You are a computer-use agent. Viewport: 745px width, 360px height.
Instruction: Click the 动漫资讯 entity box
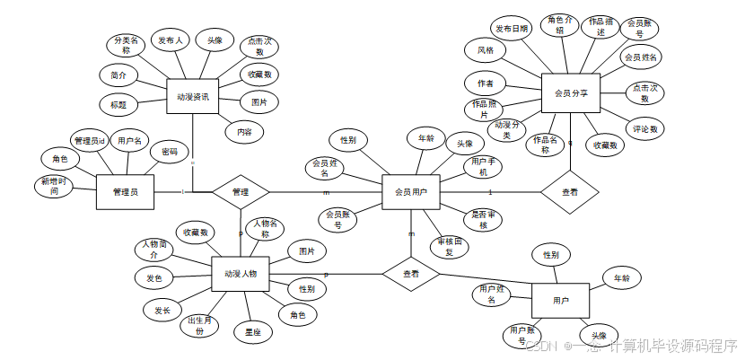click(193, 96)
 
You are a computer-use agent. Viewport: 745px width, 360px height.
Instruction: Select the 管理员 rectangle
click(125, 191)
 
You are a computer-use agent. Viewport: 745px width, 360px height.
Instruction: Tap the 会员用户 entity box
click(410, 191)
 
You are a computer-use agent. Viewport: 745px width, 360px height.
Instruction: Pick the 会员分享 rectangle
click(571, 92)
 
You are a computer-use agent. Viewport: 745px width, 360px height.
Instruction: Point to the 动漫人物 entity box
click(240, 273)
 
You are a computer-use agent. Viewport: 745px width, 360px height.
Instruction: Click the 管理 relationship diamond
click(241, 192)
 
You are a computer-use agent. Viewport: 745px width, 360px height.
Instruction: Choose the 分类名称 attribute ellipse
click(126, 45)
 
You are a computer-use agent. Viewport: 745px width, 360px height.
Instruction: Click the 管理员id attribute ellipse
click(90, 141)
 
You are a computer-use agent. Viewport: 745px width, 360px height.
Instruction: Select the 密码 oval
click(170, 152)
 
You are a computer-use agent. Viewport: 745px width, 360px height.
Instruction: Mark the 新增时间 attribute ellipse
click(55, 186)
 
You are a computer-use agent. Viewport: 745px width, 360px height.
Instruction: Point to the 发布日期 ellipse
click(512, 29)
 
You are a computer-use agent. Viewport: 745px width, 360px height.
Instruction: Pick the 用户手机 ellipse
click(483, 166)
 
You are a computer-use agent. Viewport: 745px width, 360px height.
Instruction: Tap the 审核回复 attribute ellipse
click(450, 246)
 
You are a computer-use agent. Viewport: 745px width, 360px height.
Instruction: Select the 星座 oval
click(253, 332)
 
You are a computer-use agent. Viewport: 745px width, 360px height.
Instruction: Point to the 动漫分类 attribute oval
click(506, 129)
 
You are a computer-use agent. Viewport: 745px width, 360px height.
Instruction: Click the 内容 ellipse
click(244, 132)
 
